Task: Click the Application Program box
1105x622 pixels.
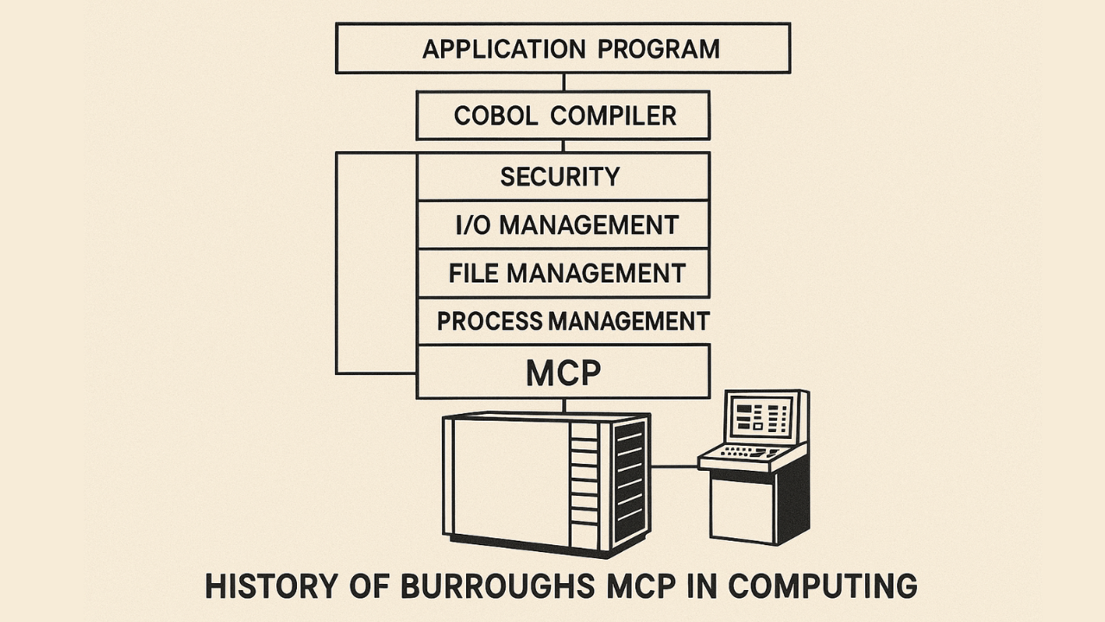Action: (x=563, y=48)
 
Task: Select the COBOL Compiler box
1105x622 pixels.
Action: (x=563, y=116)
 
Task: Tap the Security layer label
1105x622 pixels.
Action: (x=560, y=177)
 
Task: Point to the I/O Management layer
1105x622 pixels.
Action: (x=566, y=225)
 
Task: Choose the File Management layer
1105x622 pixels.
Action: (x=566, y=274)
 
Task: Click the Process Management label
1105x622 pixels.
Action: (x=572, y=321)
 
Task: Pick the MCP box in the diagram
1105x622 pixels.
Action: (x=563, y=372)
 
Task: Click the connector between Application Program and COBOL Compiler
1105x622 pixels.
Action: (x=564, y=82)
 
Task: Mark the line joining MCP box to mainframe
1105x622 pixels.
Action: (x=564, y=405)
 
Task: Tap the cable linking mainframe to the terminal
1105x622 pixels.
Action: (x=674, y=466)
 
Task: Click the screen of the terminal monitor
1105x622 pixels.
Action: (x=761, y=417)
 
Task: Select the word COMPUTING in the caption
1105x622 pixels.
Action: (x=823, y=586)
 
